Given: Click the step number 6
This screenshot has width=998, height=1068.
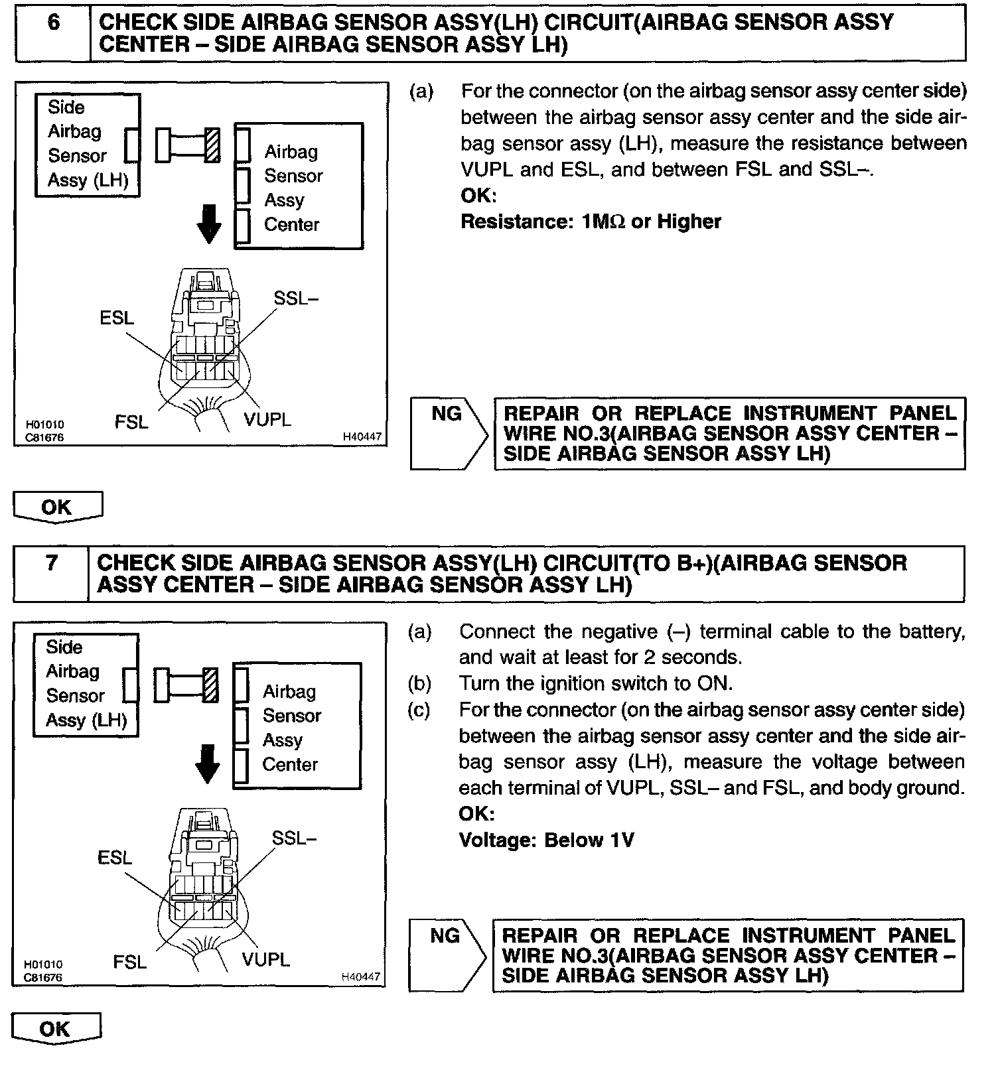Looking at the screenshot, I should (x=53, y=23).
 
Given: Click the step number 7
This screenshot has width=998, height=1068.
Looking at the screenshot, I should (x=52, y=563).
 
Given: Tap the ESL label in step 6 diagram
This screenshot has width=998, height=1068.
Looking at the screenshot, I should (x=117, y=318).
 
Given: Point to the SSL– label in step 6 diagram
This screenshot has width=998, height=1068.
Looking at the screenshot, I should (x=296, y=299).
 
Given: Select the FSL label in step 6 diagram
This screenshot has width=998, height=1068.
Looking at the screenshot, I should (x=131, y=421).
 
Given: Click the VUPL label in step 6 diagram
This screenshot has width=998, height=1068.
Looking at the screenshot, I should (x=267, y=419).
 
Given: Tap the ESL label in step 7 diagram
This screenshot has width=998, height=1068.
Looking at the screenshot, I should (x=115, y=858).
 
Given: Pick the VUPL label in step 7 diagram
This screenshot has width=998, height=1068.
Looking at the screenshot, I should (x=265, y=959).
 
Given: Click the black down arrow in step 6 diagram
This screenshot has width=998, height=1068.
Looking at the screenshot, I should (x=209, y=224).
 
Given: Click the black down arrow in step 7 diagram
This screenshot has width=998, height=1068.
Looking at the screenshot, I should (x=207, y=764).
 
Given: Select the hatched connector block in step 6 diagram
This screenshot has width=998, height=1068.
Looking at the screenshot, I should (x=212, y=145).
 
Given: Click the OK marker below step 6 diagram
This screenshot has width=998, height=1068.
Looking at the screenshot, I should (x=57, y=507).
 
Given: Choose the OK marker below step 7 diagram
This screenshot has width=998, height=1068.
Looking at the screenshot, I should (x=56, y=1029).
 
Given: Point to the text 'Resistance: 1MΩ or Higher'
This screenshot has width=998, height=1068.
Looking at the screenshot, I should (x=591, y=222).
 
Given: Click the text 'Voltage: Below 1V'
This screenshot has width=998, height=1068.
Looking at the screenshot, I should (x=546, y=840).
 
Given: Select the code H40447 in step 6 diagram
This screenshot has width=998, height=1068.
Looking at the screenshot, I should (x=362, y=437).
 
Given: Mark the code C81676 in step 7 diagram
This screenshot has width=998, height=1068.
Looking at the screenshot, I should (x=43, y=977).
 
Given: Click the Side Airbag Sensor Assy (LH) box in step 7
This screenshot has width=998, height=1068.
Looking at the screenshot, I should (x=85, y=685).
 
